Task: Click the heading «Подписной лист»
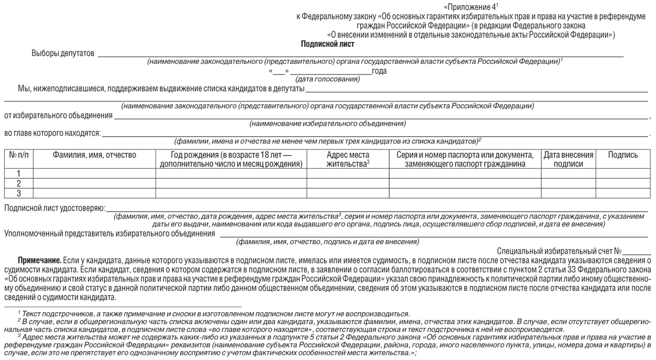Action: tap(327, 44)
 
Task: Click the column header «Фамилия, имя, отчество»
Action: tap(94, 155)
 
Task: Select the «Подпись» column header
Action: tap(623, 155)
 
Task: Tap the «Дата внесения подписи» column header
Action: tap(568, 159)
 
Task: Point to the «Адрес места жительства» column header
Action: tap(347, 159)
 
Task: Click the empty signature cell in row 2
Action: tap(623, 183)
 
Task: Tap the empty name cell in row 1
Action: tap(94, 173)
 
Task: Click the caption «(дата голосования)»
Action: tap(328, 79)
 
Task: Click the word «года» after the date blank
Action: tap(379, 71)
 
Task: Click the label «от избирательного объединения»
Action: tap(58, 115)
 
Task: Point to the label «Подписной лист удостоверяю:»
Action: tap(55, 208)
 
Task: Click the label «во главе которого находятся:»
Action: tap(53, 133)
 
